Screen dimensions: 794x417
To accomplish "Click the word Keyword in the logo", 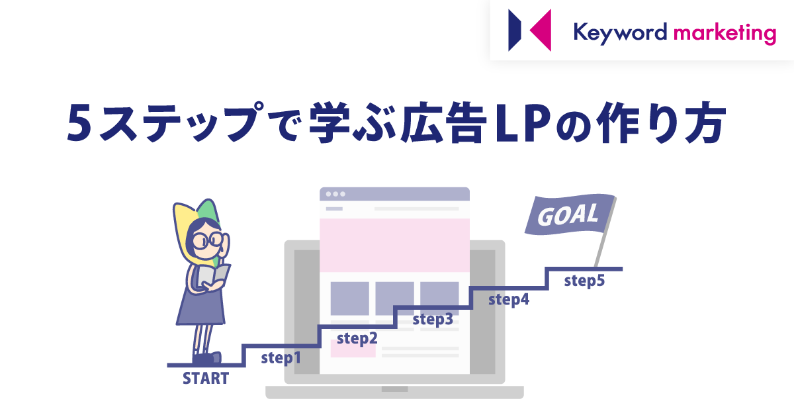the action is click(620, 33).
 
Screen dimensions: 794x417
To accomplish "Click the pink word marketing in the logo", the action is click(725, 34).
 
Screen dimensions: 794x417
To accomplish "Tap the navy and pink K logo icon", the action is click(529, 30).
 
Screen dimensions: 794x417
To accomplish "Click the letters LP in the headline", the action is click(523, 122).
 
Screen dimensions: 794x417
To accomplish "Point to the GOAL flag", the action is click(570, 214).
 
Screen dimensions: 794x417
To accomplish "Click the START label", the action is click(206, 379).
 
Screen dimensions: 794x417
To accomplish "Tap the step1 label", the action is click(281, 357).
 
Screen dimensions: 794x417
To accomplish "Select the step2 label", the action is click(357, 338).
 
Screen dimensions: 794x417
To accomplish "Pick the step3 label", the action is click(433, 319).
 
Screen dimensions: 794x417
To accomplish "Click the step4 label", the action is click(509, 300).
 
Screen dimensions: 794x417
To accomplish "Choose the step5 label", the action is click(584, 281).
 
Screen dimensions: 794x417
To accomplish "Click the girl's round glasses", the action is click(208, 240).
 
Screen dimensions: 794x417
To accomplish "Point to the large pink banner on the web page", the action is click(394, 245).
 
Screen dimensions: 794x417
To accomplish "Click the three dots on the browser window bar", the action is click(335, 194).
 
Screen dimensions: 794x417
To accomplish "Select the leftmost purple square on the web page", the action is click(349, 299).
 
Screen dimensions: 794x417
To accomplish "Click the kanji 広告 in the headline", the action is click(444, 122).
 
